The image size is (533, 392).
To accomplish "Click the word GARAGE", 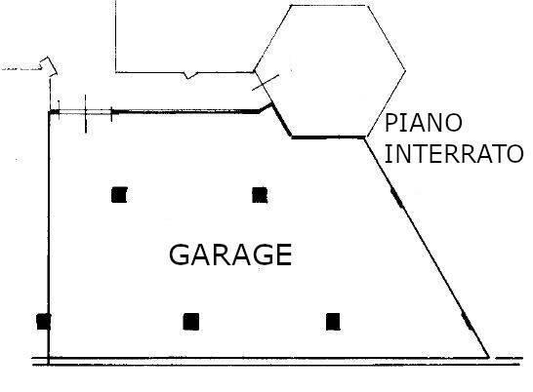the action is pos(230,255).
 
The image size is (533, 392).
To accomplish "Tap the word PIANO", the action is pos(424,123).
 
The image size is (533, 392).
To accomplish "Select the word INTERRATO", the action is pos(454,154).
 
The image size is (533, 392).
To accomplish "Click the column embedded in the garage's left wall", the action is pos(44,322).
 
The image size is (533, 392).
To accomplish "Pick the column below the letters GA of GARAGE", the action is pos(191,322).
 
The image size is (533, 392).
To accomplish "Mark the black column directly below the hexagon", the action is pos(333,322).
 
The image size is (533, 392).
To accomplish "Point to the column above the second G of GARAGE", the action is pos(260,195).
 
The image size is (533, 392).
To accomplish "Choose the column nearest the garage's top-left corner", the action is pos(119,195).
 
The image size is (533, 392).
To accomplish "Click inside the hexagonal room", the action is pos(329,71).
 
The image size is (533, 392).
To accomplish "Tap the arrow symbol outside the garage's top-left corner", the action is pos(49,65).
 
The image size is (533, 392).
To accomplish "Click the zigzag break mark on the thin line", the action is pos(190,75).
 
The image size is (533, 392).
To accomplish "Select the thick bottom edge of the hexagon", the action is pos(328,137).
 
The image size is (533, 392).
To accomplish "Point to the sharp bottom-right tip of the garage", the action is pos(489,357).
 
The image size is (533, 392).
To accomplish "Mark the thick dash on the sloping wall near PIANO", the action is pos(397,198).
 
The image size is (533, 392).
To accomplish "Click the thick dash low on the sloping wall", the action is pos(467,321).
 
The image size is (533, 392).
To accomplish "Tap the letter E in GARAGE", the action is pos(284,255).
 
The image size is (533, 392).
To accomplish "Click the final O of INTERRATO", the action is pos(515,154).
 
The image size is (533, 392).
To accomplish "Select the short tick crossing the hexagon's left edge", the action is pos(266,83).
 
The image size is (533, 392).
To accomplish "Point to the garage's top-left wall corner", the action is pos(50,112).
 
